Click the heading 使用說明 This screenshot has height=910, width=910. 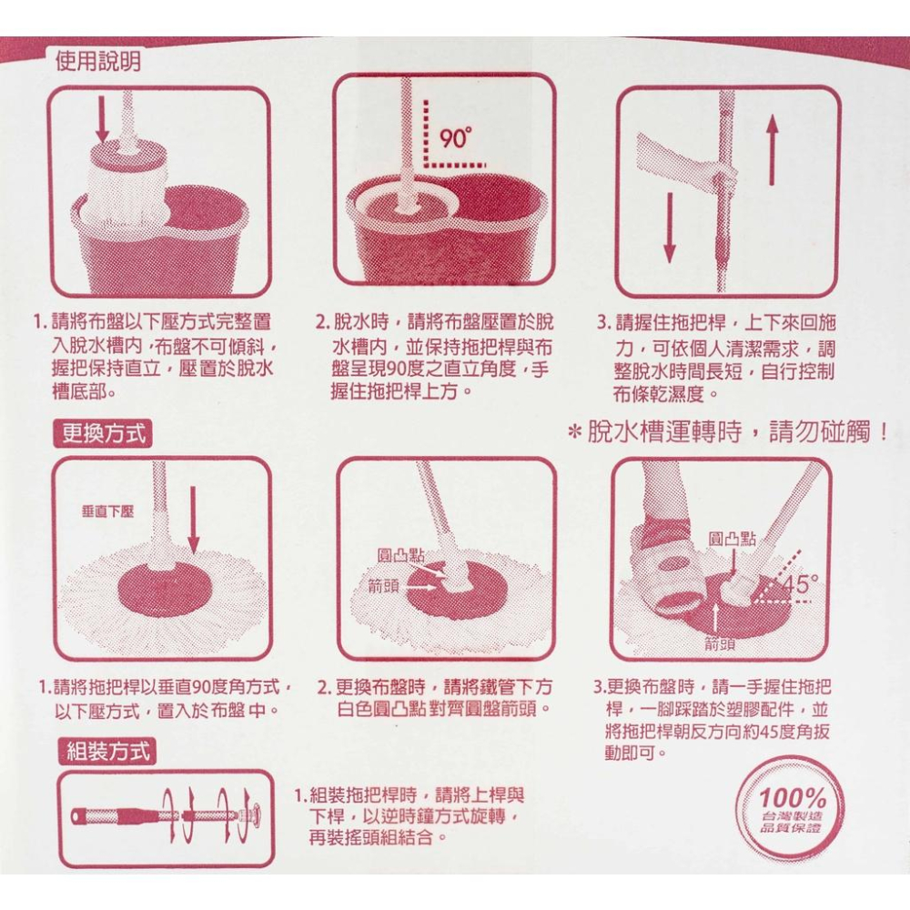(97, 60)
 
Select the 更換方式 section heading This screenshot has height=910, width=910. (99, 432)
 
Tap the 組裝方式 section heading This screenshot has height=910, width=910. (106, 752)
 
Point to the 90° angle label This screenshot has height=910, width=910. (455, 139)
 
